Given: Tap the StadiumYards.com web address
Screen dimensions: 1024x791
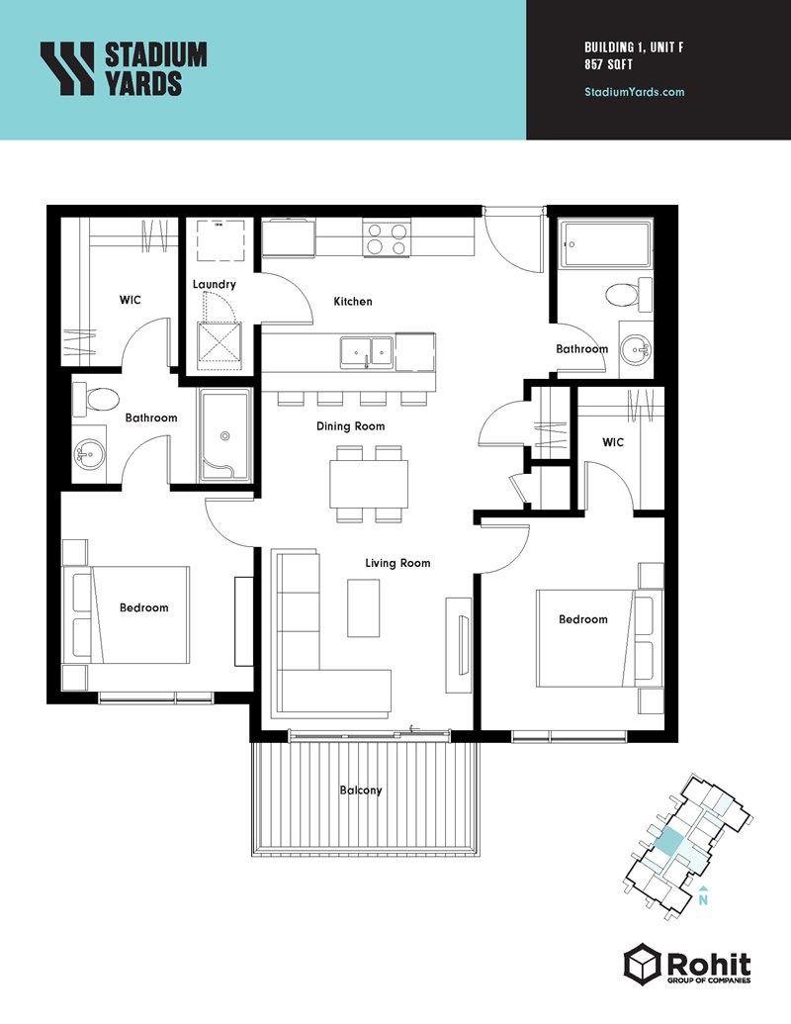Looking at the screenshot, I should tap(635, 92).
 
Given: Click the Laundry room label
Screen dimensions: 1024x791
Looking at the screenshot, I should tap(215, 285).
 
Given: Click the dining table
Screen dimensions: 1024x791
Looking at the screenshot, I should tap(370, 483).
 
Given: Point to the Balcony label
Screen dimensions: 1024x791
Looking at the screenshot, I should tap(361, 791).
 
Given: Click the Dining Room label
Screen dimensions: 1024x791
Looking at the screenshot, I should tap(350, 426).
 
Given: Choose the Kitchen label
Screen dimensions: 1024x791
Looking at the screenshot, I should tap(353, 302).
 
